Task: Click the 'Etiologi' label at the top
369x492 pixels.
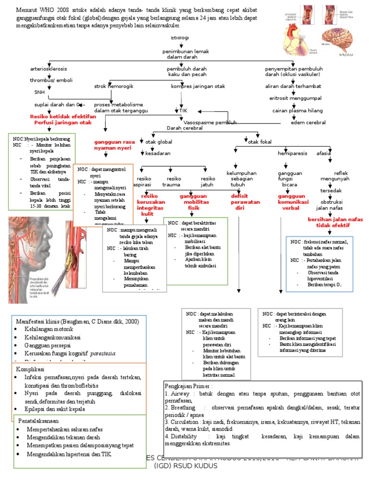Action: [x=180, y=37]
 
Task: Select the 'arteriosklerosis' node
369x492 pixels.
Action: [x=49, y=69]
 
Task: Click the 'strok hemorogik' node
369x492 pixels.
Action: [x=113, y=86]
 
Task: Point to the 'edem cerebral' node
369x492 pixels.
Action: [x=308, y=122]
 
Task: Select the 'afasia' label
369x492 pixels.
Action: [x=324, y=153]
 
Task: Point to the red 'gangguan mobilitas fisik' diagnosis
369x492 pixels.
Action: [x=193, y=202]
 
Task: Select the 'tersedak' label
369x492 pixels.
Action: [x=331, y=190]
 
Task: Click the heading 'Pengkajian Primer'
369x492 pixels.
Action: [x=188, y=386]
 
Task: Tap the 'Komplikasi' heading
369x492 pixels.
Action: [x=30, y=369]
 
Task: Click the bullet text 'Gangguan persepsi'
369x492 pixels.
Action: [x=48, y=345]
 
